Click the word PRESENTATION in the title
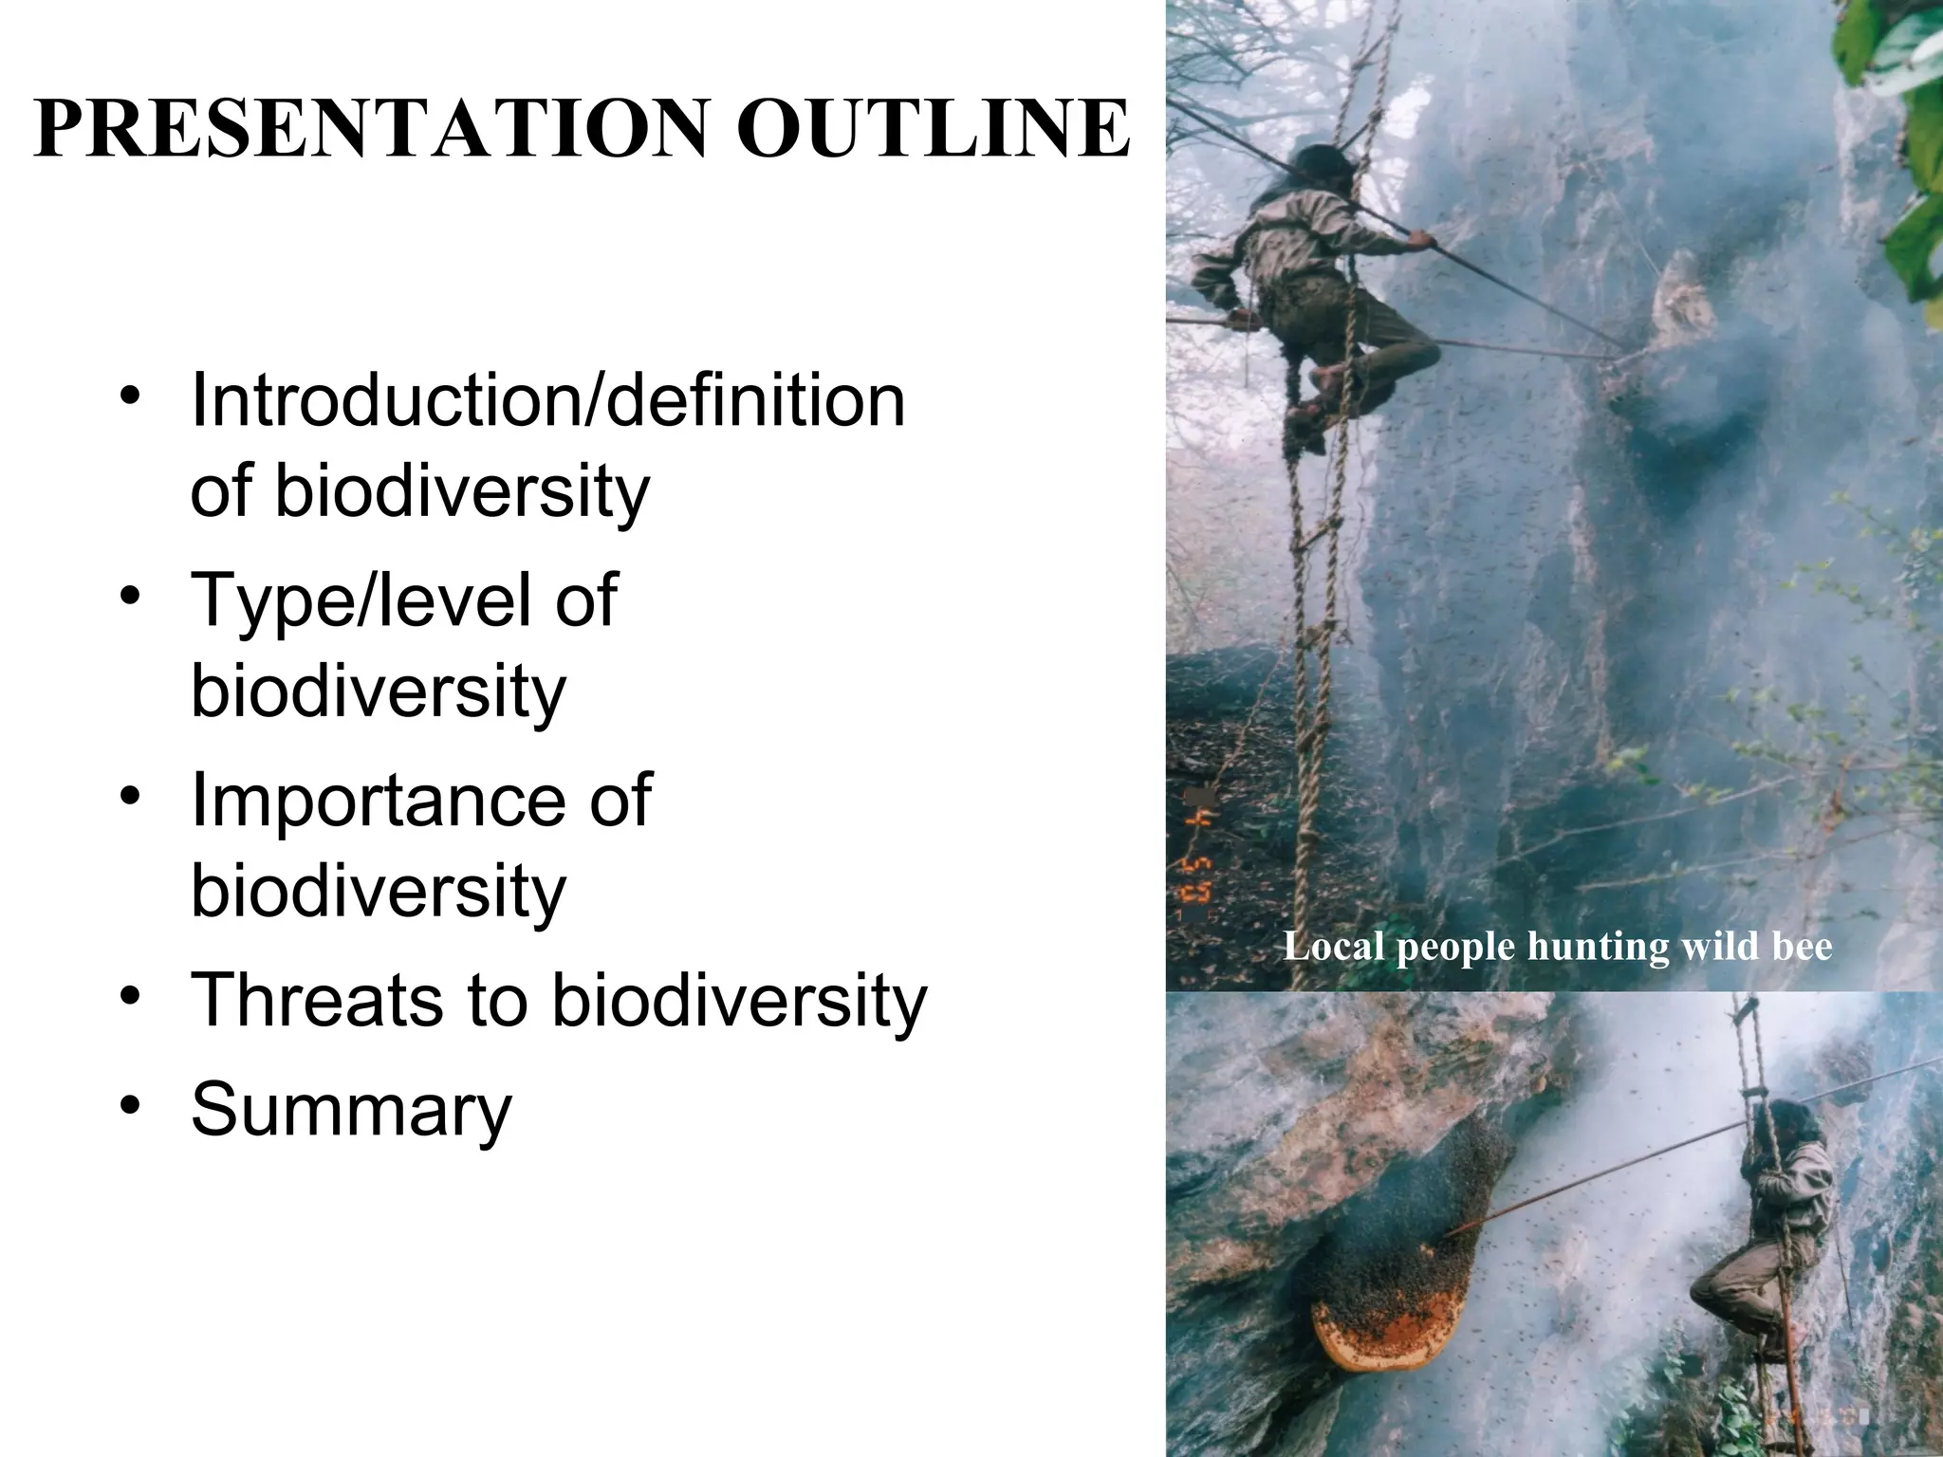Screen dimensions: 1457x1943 [371, 128]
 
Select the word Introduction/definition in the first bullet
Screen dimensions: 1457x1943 [547, 401]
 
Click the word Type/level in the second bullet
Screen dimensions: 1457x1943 [361, 600]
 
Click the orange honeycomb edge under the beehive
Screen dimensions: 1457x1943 [1366, 1347]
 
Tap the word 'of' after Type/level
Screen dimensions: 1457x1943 [585, 600]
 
